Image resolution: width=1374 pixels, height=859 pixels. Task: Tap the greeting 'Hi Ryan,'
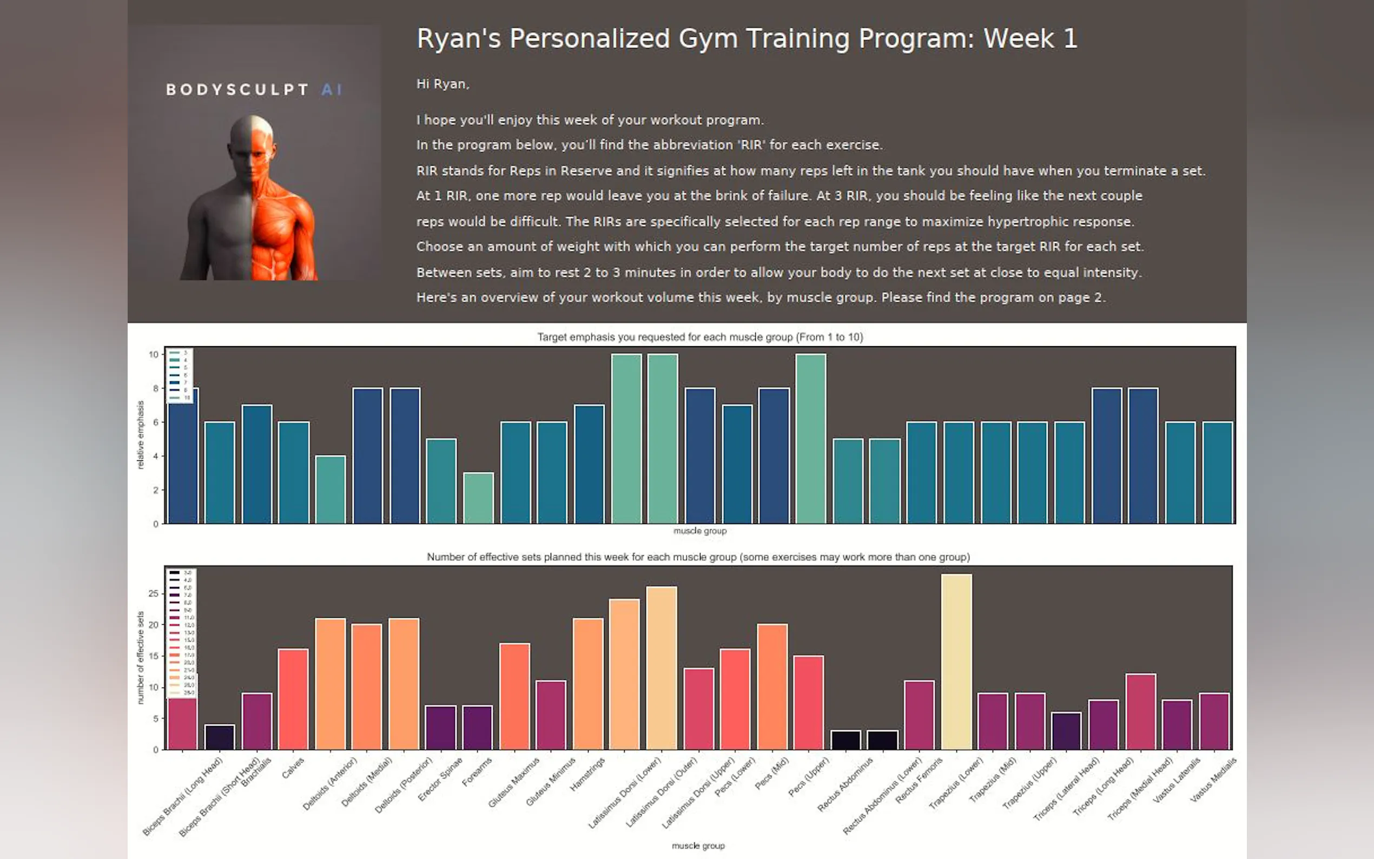tap(442, 84)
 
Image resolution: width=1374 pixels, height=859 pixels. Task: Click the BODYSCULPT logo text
tap(237, 90)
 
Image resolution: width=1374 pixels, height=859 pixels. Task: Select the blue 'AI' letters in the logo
tap(332, 90)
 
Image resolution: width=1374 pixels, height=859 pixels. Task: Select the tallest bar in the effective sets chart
tap(956, 662)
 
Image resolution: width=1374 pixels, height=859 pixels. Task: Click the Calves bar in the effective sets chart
tap(293, 699)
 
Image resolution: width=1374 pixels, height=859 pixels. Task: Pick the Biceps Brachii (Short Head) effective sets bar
tap(219, 737)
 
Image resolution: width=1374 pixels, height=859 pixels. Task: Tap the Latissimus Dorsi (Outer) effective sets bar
tap(661, 668)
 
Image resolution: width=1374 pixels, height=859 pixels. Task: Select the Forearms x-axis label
tap(477, 772)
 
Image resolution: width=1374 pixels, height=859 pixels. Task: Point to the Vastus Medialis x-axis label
tap(1213, 779)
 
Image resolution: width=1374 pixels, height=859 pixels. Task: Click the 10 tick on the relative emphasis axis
tap(154, 354)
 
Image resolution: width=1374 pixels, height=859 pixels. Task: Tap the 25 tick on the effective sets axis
tap(154, 594)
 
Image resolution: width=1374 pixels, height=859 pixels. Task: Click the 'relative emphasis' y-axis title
tap(141, 434)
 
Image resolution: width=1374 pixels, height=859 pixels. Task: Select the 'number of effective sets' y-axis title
tap(141, 657)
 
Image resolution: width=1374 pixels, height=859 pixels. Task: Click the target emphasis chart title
tap(700, 337)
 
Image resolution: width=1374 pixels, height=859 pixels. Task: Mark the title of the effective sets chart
tap(698, 557)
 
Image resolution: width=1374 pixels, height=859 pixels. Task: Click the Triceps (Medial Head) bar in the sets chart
tap(1140, 711)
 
